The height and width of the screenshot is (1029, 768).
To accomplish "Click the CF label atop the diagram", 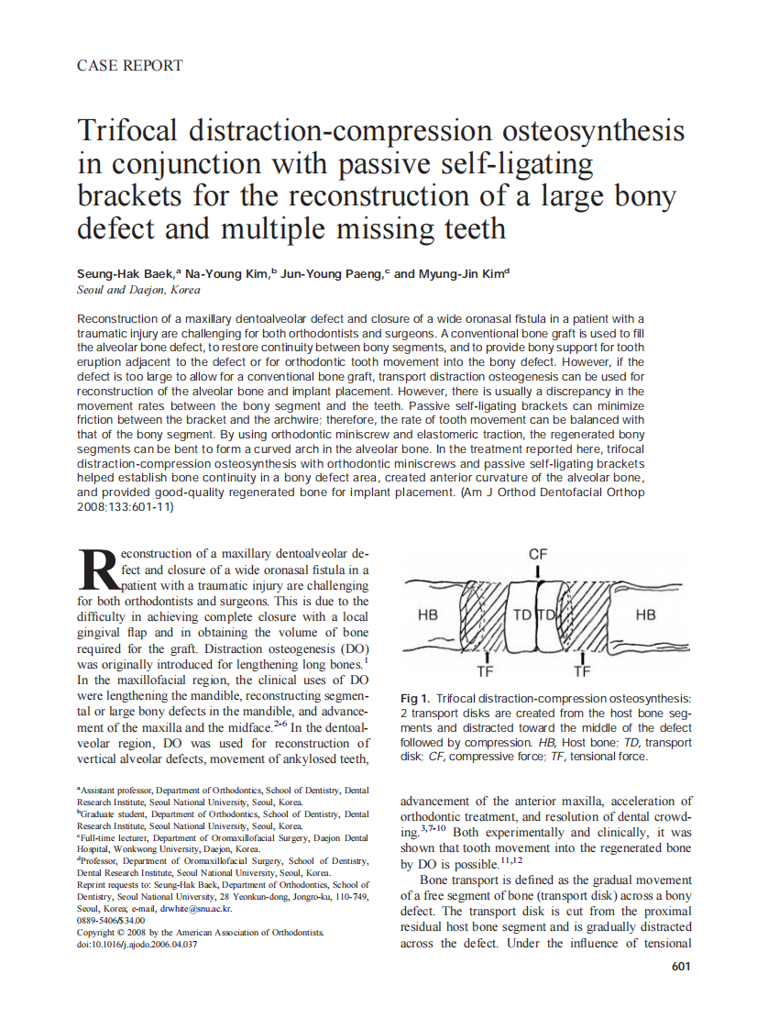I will click(539, 554).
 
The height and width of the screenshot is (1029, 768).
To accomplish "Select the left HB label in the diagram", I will click(428, 614).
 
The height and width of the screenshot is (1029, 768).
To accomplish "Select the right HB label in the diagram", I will click(645, 614).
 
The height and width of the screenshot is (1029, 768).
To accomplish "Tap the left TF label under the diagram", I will click(487, 670).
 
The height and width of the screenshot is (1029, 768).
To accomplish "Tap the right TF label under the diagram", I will click(582, 670).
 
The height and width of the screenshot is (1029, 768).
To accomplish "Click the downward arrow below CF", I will click(539, 572).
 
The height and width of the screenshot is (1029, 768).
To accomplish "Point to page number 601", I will click(680, 966).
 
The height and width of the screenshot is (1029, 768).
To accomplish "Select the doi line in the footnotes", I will click(137, 944).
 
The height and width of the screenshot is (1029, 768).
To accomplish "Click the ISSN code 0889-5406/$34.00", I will click(111, 920).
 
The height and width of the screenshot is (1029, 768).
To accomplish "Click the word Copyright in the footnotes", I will click(98, 932).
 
